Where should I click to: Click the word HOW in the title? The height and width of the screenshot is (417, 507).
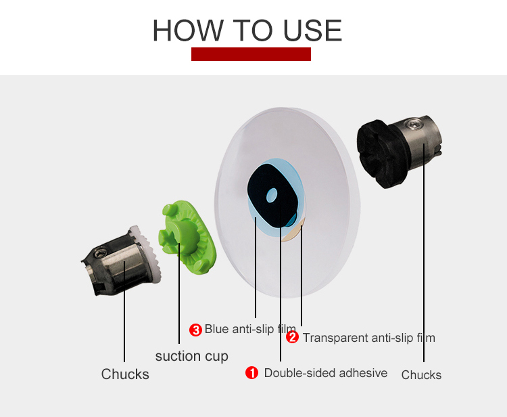188,30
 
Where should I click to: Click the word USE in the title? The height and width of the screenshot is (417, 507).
312,30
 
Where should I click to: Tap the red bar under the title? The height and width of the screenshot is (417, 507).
251,54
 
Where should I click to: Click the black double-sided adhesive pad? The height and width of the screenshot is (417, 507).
272,195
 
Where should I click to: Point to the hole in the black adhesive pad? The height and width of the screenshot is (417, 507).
272,195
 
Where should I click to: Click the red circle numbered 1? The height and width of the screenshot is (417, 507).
251,372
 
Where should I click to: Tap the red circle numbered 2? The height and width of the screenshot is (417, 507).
292,337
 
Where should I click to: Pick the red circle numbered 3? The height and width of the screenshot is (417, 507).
195,330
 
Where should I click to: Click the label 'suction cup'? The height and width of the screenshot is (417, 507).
192,356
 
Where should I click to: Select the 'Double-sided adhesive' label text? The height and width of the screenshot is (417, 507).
326,373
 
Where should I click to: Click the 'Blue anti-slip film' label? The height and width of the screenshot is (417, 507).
250,329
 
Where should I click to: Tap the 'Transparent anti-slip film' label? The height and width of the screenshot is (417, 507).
369,338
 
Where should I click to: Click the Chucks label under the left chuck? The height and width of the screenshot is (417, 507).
125,374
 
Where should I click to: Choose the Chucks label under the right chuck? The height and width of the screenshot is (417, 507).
421,375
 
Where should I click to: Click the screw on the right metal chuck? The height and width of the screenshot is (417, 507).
415,124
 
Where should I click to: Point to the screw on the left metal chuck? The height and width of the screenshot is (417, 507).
100,253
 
